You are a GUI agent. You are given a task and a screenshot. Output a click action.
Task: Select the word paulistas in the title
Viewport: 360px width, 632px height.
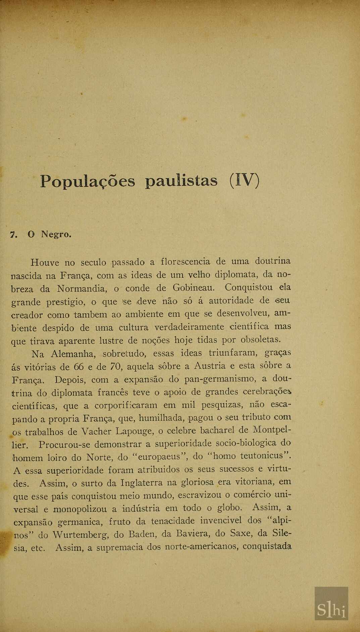click(182, 181)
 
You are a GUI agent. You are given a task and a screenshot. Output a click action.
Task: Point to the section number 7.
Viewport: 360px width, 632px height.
click(14, 234)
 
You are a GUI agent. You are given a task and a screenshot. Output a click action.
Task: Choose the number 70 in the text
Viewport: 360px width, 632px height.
click(115, 366)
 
